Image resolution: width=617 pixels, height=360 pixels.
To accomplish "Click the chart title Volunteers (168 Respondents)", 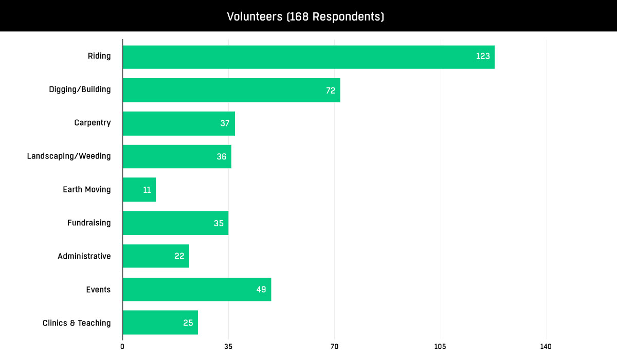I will coord(305,17).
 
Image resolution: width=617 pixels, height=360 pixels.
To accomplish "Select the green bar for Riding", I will coord(308,57).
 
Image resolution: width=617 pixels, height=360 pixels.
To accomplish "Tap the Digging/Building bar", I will coord(231,90).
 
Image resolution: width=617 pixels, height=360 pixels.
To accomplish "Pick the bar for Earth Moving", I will coord(139,190).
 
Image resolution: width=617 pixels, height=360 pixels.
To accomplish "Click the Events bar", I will coord(196,290).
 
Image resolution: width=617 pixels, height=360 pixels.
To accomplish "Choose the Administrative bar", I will coord(156,256).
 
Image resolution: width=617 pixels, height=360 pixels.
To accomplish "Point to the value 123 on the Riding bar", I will coord(483,57).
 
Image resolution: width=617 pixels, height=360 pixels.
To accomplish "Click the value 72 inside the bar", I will coord(330,91).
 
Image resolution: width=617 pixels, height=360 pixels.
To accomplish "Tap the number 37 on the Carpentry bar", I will coord(225,123).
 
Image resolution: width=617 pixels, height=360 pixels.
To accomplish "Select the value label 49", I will coord(261,290).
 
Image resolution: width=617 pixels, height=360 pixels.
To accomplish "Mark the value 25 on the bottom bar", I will coord(188,323).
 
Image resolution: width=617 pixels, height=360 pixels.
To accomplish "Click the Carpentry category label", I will coord(92,123).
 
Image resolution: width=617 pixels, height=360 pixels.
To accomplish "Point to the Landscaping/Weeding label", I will coord(69,156).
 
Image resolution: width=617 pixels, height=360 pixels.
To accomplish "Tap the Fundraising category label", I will coord(89,223).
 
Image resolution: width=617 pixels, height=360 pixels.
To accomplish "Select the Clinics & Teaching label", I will coord(77,323).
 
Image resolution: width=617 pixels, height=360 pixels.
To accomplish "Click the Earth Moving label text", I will coord(87,189).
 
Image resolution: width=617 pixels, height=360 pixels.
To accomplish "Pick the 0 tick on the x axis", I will coord(122,347).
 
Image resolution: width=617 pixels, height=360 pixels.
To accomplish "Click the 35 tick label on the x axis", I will coord(228,347).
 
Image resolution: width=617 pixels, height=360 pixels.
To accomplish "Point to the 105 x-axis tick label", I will coord(441,347).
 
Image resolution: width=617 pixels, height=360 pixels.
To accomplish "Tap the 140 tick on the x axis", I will coord(546,347).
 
